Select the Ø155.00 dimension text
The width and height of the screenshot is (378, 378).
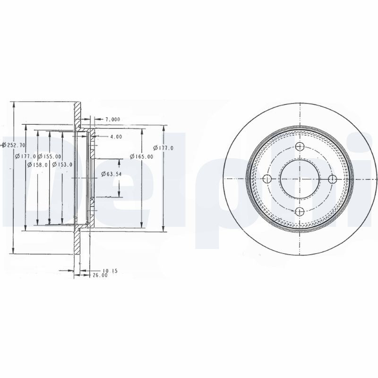49,156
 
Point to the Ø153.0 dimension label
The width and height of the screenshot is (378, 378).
62,164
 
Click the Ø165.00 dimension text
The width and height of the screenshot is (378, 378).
141,156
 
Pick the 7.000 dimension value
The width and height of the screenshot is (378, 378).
112,119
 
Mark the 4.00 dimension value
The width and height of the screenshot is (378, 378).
116,137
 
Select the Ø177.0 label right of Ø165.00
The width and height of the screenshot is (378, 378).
165,148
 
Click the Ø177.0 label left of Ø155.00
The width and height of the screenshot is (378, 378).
26,156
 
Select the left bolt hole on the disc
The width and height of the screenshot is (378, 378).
267,179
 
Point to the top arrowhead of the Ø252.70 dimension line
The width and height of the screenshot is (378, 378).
15,105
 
